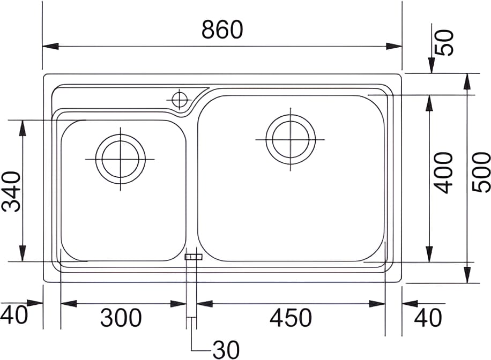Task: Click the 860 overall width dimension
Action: pyautogui.click(x=222, y=29)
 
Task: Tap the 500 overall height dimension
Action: pyautogui.click(x=481, y=172)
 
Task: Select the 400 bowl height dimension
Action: pyautogui.click(x=444, y=173)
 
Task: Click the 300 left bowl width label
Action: pyautogui.click(x=121, y=318)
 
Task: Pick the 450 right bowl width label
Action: pyautogui.click(x=291, y=318)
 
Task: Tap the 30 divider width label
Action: pyautogui.click(x=226, y=350)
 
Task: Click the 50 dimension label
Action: pyautogui.click(x=444, y=43)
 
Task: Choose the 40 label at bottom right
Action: pyautogui.click(x=428, y=318)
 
